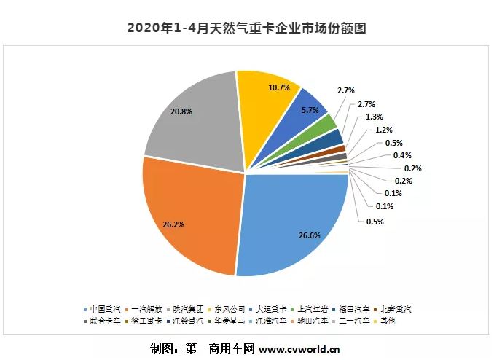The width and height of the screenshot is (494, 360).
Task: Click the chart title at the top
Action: pyautogui.click(x=246, y=29)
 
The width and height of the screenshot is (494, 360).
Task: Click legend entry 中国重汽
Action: pyautogui.click(x=106, y=308)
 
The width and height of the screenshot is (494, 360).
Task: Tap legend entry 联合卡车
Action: pyautogui.click(x=106, y=320)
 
